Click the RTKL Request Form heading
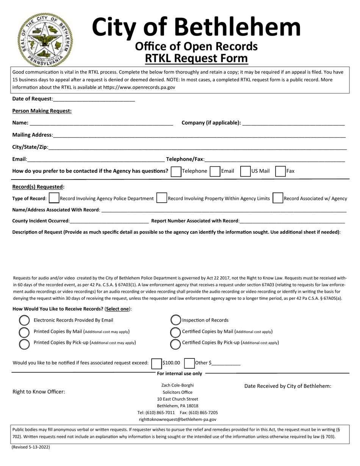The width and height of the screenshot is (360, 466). click(196, 58)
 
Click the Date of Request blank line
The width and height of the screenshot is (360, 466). click(94, 99)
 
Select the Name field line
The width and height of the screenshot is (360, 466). click(101, 123)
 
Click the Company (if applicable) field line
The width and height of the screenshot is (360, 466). click(293, 123)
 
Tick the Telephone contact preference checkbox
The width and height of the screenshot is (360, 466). click(176, 171)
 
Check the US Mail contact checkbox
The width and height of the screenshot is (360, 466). click(246, 171)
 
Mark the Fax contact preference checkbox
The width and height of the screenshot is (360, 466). click(280, 171)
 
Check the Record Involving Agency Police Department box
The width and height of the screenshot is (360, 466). click(54, 198)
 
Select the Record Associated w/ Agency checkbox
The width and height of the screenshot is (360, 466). click(278, 198)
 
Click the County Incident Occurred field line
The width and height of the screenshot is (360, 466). click(109, 221)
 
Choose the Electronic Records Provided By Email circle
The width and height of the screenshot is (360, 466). click(24, 321)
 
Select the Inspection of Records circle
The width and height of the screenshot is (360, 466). click(175, 320)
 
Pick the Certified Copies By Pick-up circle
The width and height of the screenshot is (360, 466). click(175, 344)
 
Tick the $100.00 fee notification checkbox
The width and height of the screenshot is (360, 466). click(156, 363)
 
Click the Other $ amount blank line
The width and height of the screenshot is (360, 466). click(226, 363)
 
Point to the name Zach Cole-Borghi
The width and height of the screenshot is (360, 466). click(177, 385)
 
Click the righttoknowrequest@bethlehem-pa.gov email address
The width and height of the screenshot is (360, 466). click(177, 419)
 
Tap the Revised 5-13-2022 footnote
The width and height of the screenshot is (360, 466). click(31, 447)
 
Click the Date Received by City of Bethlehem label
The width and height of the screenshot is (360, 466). click(288, 386)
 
